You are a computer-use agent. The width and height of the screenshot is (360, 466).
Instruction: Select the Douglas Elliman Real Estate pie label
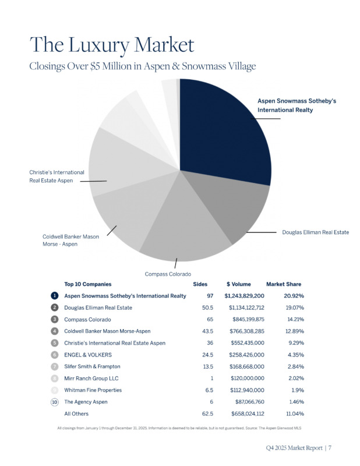pos(315,232)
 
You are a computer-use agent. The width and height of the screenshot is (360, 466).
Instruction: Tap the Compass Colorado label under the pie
pos(168,274)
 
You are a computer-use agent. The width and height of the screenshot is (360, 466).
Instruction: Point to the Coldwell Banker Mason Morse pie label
pos(68,241)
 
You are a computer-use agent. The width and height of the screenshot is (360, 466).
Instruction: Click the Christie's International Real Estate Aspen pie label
pos(57,176)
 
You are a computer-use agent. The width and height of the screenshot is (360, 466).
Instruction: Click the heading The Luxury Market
pos(112,45)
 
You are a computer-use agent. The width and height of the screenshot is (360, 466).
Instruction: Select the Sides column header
pos(200,284)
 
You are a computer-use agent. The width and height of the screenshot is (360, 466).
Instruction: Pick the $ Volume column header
pos(239,284)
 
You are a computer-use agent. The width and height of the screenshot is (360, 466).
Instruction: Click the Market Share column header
pos(284,284)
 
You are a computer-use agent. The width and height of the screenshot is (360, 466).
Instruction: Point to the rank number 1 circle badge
pos(54,296)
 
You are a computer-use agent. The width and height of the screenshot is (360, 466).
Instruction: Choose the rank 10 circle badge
pos(54,402)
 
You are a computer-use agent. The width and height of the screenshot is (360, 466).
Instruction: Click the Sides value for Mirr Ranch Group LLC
pos(210,379)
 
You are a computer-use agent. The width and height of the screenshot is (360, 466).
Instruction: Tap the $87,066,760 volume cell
pos(248,402)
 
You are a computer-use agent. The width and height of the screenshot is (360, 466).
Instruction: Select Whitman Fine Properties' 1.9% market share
pos(296,390)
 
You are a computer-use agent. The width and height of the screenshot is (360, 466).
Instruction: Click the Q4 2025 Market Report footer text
pos(297,448)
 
